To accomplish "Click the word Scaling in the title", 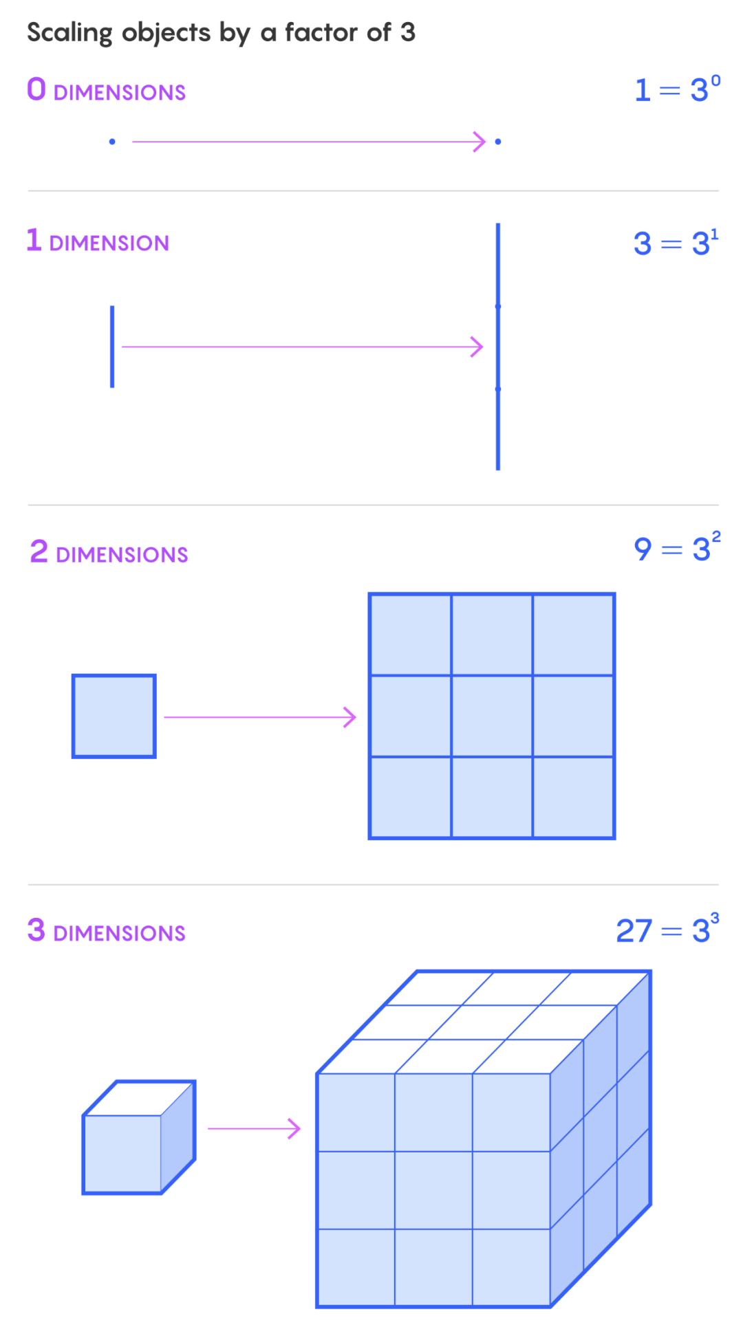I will pyautogui.click(x=69, y=33).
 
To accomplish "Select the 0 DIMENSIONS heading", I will pyautogui.click(x=106, y=91).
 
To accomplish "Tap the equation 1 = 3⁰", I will pyautogui.click(x=677, y=89).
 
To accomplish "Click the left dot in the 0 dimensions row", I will pyautogui.click(x=112, y=142).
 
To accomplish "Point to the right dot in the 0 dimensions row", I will pyautogui.click(x=498, y=142).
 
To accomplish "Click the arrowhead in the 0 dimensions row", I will pyautogui.click(x=481, y=142).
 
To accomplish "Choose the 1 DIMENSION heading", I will pyautogui.click(x=98, y=241).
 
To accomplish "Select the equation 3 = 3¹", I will pyautogui.click(x=676, y=243).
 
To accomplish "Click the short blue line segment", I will pyautogui.click(x=112, y=346).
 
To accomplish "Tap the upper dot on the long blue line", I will pyautogui.click(x=498, y=306).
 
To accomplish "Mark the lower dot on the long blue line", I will pyautogui.click(x=498, y=389).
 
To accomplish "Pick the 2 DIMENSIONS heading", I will pyautogui.click(x=109, y=553).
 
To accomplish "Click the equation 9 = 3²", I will pyautogui.click(x=677, y=548).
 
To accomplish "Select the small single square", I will pyautogui.click(x=114, y=716).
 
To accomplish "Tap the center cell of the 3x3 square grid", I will pyautogui.click(x=492, y=716).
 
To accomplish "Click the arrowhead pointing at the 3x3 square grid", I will pyautogui.click(x=352, y=717).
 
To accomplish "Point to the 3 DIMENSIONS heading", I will pyautogui.click(x=107, y=932).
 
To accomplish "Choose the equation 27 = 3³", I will pyautogui.click(x=667, y=930).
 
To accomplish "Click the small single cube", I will pyautogui.click(x=138, y=1138).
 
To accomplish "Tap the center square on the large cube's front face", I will pyautogui.click(x=433, y=1189).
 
